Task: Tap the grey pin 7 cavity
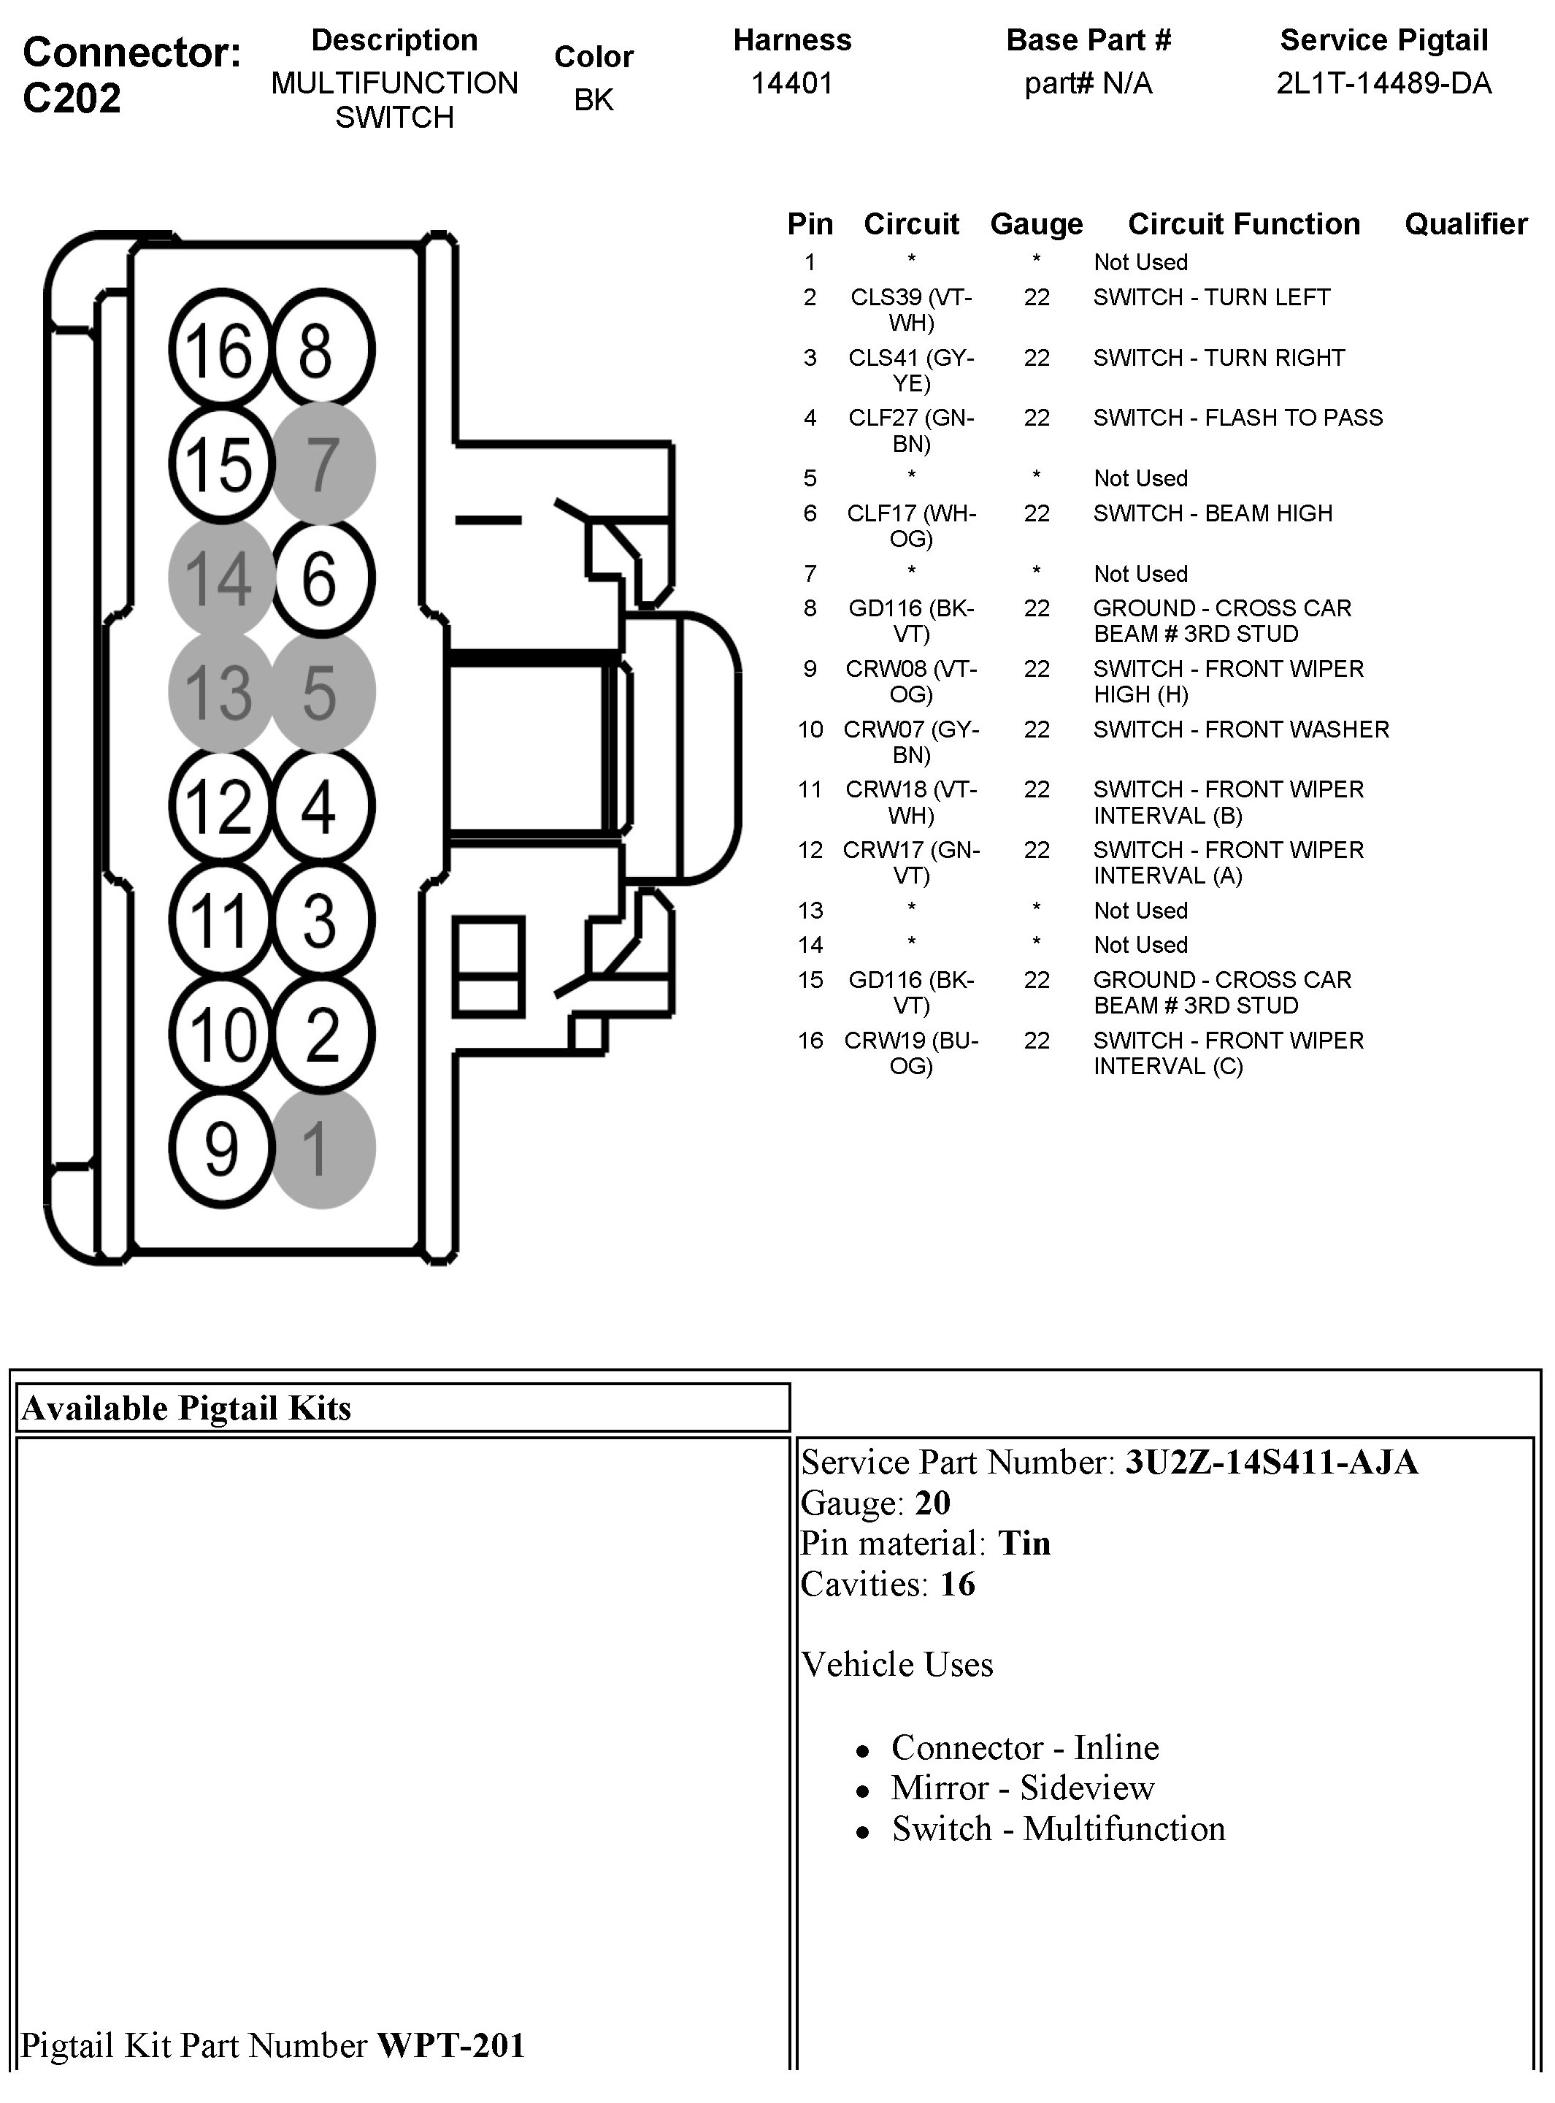323,463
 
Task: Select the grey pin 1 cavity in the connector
323,1147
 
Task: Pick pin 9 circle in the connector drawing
220,1147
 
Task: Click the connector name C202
72,98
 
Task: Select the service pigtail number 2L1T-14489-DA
1383,84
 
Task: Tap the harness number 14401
791,84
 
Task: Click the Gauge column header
1037,224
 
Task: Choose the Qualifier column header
1466,224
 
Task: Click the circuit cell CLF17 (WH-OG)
911,525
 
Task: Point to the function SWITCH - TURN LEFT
1211,297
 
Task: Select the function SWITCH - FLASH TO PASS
1237,417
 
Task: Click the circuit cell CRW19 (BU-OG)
911,1052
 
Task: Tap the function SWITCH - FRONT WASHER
1240,729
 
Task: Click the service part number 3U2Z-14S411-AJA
1272,1462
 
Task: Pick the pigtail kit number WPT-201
451,2045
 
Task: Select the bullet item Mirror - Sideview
1022,1787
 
